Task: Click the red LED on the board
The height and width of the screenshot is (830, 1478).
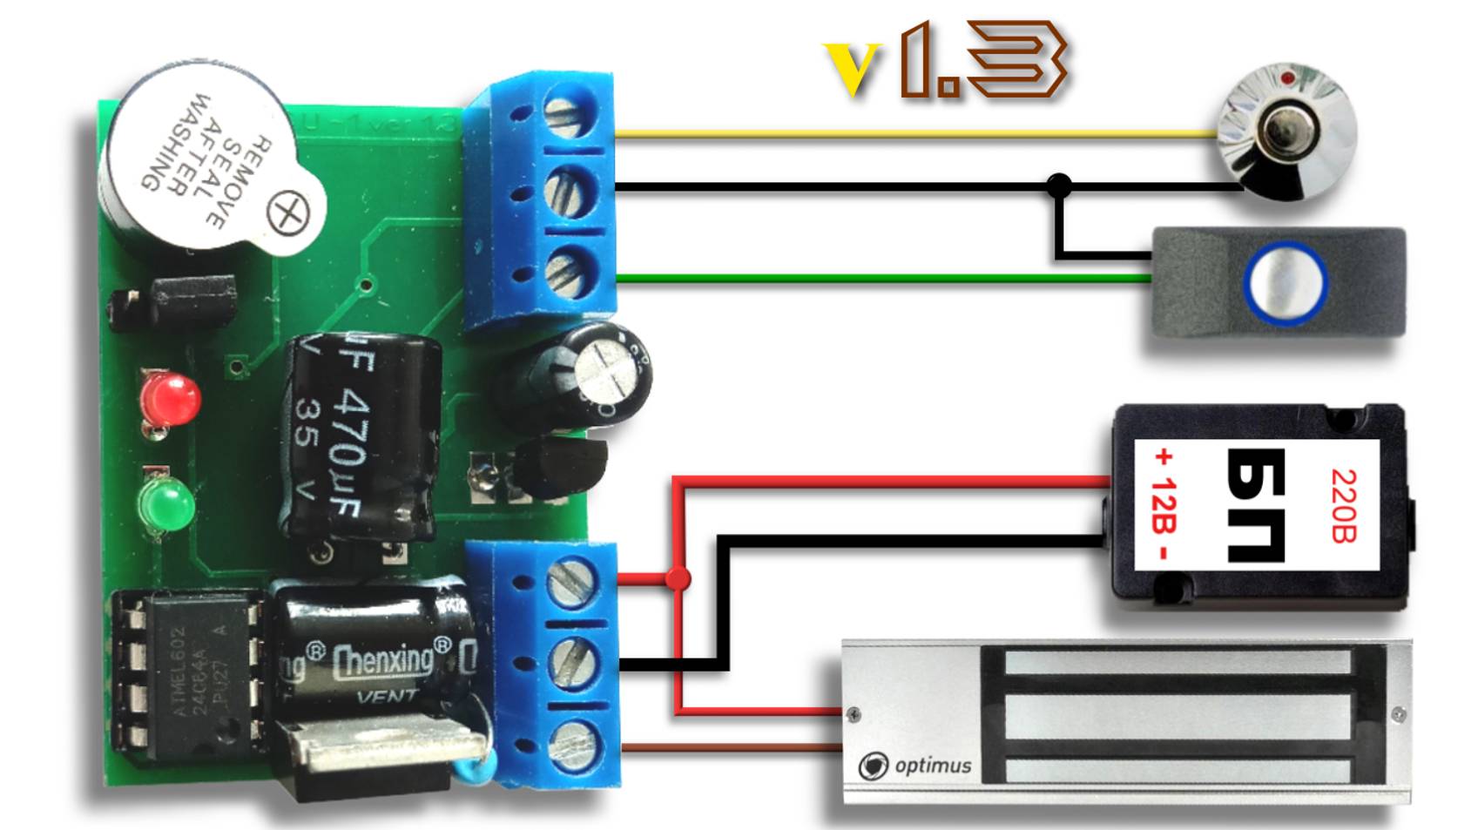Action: point(172,398)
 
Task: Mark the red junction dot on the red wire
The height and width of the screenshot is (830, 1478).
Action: point(678,578)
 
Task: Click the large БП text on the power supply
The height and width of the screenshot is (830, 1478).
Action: point(1255,506)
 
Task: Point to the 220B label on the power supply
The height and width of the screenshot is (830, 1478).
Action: point(1343,506)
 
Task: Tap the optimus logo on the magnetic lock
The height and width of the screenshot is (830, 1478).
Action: point(914,766)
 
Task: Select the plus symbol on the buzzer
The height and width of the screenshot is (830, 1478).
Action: point(287,212)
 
